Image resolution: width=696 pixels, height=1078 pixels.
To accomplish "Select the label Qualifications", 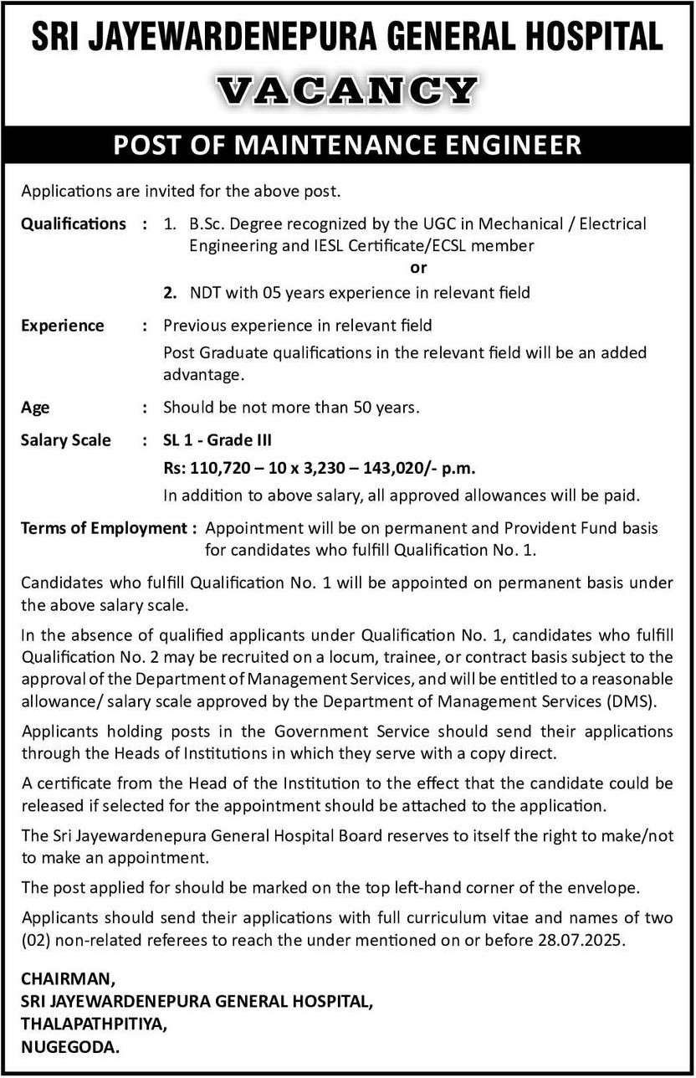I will pyautogui.click(x=74, y=223).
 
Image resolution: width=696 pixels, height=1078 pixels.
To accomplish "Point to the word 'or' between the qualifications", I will pyautogui.click(x=418, y=269).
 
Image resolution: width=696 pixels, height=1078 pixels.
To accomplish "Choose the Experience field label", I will pyautogui.click(x=63, y=325).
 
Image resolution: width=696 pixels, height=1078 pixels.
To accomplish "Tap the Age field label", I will pyautogui.click(x=35, y=408).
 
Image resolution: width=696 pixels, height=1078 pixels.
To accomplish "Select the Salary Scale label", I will pyautogui.click(x=66, y=440).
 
